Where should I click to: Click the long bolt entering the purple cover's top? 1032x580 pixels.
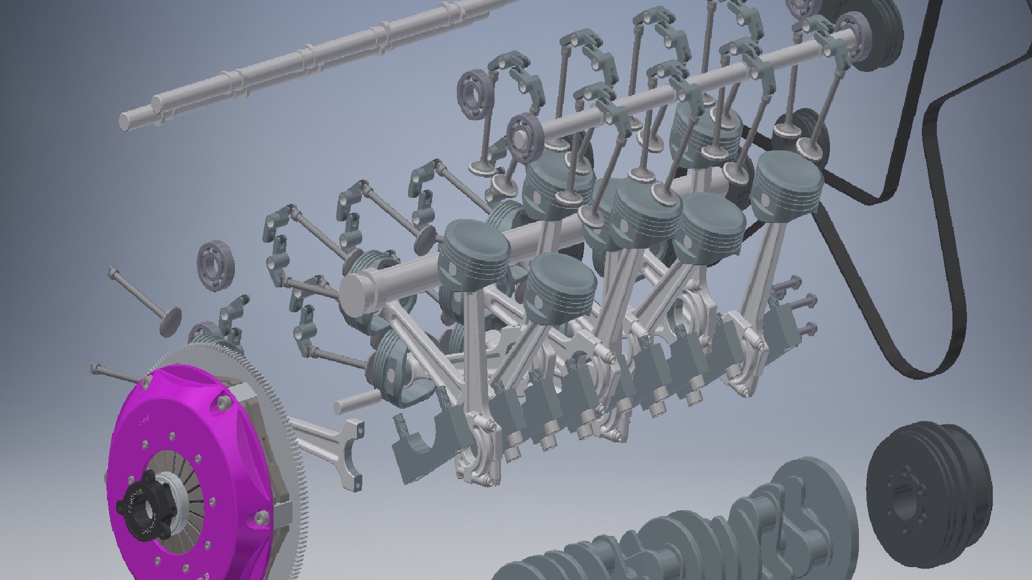116,373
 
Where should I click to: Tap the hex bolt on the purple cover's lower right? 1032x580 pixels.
262,518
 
